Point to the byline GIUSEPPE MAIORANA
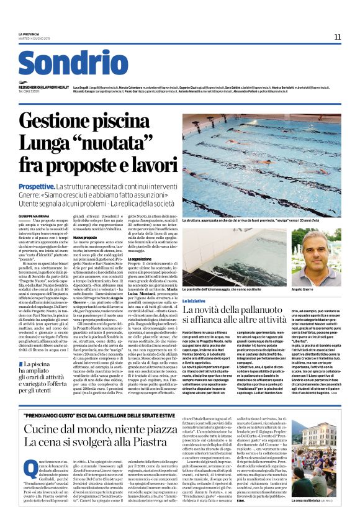[52, 215]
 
